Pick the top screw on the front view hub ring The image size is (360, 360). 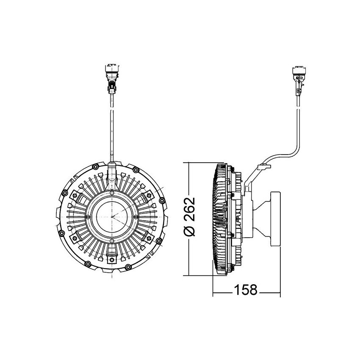pos(111,194)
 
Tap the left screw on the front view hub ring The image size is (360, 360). pos(88,216)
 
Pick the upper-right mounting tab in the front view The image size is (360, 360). pos(149,195)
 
